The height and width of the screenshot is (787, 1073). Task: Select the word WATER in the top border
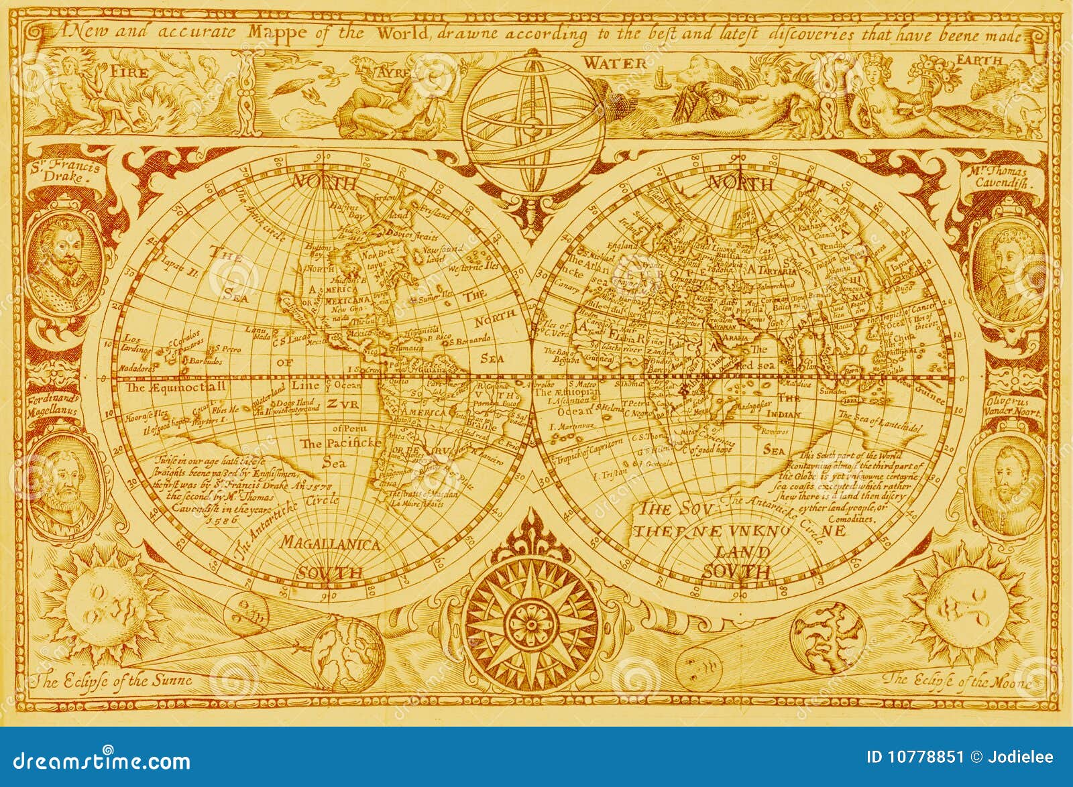[614, 63]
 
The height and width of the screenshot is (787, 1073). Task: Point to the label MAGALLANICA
[331, 544]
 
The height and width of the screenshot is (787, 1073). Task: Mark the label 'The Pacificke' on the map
[340, 444]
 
